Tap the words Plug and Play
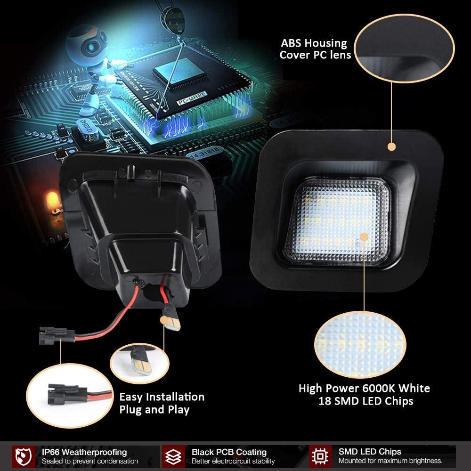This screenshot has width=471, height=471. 154,409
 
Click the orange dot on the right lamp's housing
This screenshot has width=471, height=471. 391,146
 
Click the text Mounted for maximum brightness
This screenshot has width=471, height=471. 390,461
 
